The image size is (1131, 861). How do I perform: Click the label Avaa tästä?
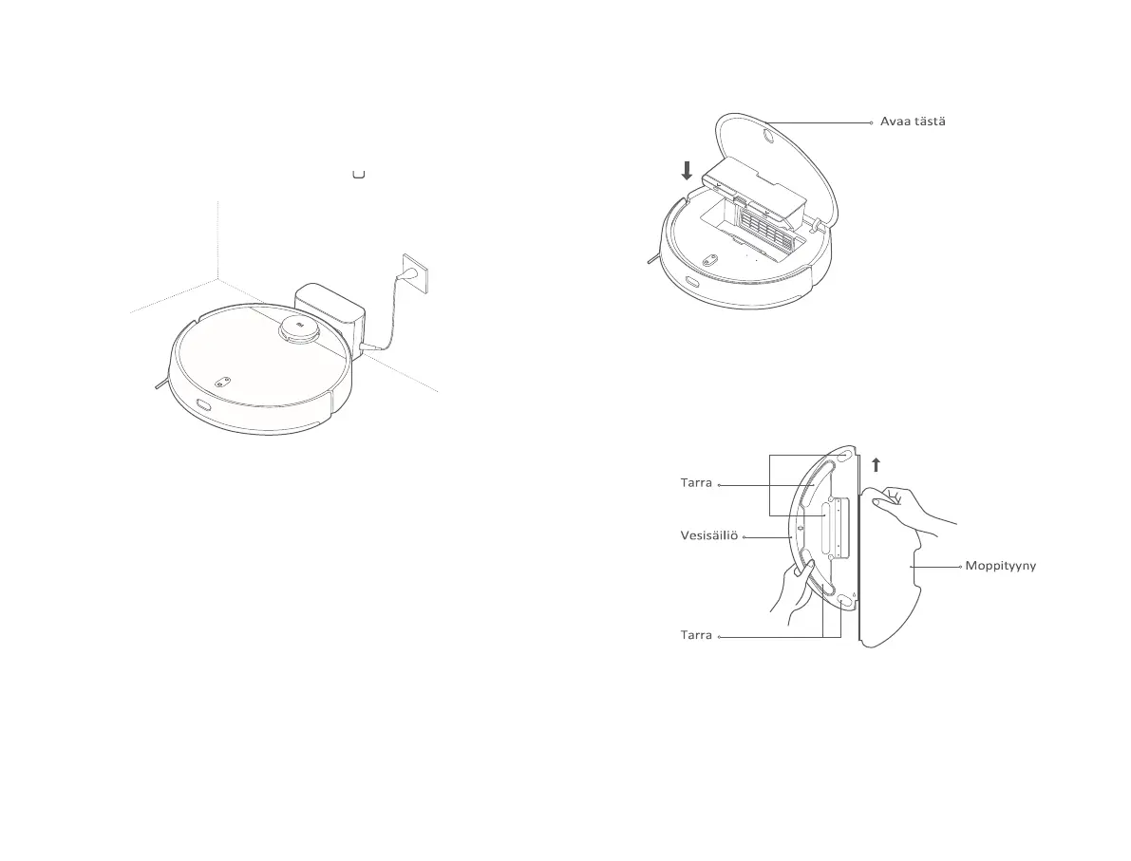point(912,122)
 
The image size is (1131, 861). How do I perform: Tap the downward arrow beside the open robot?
point(688,171)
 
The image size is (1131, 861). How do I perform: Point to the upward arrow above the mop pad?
point(876,463)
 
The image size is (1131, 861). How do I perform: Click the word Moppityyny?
point(1000,566)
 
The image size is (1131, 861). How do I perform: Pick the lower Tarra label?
point(696,635)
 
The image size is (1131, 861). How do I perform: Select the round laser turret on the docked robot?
point(299,328)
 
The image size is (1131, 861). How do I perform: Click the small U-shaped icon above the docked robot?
point(359,174)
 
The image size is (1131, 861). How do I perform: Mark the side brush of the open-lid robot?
point(649,255)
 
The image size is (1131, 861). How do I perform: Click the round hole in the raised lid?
point(765,138)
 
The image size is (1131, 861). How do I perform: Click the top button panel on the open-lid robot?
point(708,259)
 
